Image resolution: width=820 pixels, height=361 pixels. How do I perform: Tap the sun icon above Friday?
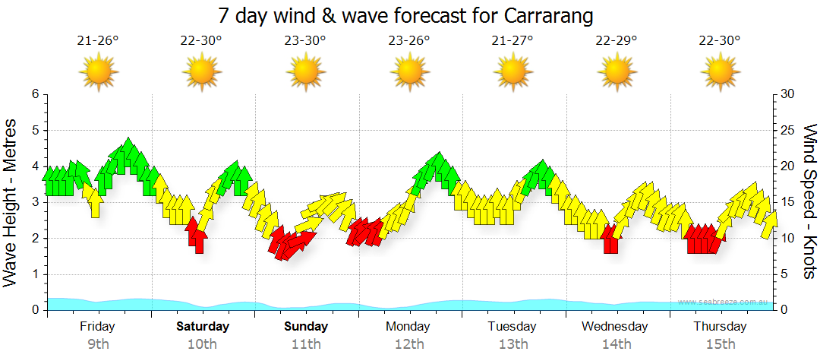[98, 73]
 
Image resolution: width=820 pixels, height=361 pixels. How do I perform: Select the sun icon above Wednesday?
[616, 73]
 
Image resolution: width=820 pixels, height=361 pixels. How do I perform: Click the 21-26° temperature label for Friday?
[98, 41]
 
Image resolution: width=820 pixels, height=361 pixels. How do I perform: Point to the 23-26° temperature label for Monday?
[409, 41]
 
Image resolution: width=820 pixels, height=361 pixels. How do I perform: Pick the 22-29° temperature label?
[616, 41]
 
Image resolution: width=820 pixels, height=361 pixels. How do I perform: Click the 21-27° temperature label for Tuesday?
[512, 41]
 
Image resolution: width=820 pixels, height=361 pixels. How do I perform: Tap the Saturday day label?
[203, 327]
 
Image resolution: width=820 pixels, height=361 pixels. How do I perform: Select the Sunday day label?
[306, 327]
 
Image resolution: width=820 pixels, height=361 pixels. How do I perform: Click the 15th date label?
[720, 344]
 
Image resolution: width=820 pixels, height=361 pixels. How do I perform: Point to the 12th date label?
[409, 344]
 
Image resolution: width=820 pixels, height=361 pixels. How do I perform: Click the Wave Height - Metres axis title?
[11, 201]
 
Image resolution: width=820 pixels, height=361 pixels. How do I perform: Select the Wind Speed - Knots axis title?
[809, 201]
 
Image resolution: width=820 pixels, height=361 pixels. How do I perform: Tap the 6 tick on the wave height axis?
[35, 94]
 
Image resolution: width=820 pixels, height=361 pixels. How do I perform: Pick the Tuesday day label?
[512, 327]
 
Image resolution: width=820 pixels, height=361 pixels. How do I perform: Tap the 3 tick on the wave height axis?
[35, 202]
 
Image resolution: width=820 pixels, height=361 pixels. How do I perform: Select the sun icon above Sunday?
[306, 73]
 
